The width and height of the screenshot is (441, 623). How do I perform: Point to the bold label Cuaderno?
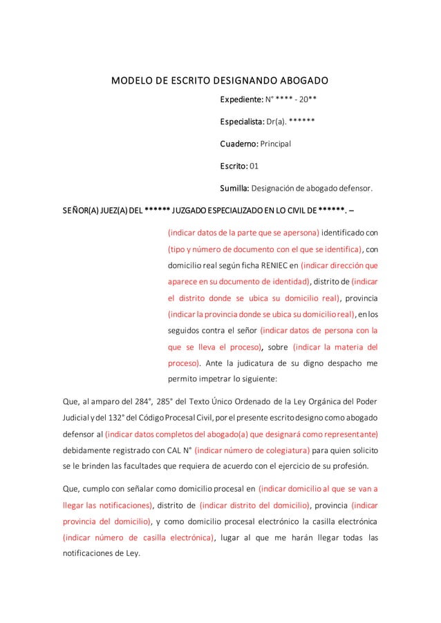pyautogui.click(x=238, y=144)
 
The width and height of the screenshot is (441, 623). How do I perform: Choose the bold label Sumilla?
pyautogui.click(x=236, y=187)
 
